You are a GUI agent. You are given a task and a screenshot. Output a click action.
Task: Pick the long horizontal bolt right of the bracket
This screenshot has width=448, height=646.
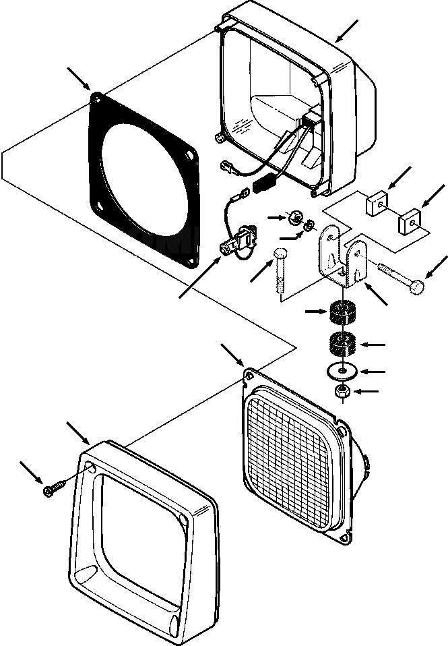[x=401, y=278]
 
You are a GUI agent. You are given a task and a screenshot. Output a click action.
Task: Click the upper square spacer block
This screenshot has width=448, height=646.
[x=377, y=202]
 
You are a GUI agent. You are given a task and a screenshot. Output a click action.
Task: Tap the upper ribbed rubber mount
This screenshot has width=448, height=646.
[x=344, y=314]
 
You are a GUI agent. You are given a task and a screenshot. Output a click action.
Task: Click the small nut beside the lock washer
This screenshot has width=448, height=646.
[x=294, y=218]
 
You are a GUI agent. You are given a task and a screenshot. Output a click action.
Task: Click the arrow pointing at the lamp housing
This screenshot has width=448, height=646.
[x=348, y=30]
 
